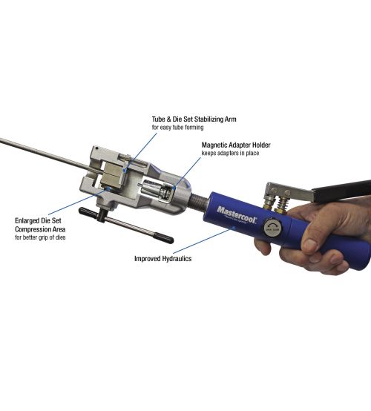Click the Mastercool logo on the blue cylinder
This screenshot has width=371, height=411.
coord(237,214)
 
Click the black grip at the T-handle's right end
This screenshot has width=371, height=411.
coord(163,237)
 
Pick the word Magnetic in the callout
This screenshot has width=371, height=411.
coord(214,145)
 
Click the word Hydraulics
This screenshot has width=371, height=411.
coord(177,259)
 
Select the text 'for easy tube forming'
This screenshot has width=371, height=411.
coord(177,128)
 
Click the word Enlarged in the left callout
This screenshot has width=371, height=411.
coord(27,221)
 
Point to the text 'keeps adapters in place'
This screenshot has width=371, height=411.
coord(230,153)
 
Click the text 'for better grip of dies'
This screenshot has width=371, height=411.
coord(40,237)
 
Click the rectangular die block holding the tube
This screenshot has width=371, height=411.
coord(113,174)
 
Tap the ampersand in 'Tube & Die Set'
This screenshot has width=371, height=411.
coord(168,119)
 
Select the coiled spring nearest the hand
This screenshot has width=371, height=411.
coord(281,203)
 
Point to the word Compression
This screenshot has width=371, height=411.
coord(30,230)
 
